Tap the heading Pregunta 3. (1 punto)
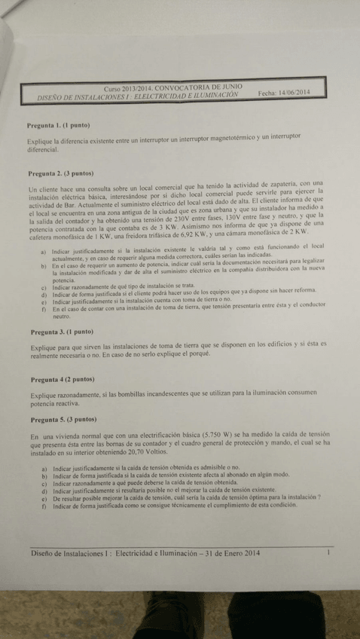59,332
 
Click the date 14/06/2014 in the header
294,93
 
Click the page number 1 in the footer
329,552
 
